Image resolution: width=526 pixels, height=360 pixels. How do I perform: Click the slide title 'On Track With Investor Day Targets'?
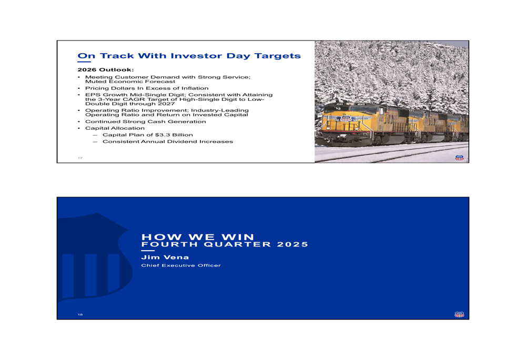(189, 56)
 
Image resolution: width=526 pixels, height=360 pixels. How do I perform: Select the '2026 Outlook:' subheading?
(106, 69)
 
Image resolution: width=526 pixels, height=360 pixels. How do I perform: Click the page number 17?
(80, 158)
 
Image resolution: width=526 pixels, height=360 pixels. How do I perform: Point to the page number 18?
(80, 315)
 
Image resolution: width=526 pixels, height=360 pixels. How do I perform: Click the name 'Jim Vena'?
(165, 258)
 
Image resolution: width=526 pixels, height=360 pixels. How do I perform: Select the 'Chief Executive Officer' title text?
(181, 265)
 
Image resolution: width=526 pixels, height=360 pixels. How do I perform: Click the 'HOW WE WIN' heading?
(198, 237)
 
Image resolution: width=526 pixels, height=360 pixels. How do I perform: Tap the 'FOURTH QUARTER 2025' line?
(225, 244)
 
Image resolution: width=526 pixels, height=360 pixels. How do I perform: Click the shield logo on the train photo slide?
(459, 158)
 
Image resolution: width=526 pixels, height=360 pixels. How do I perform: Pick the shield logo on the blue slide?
(459, 314)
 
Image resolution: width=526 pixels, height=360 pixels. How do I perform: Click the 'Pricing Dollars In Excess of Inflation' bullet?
(147, 88)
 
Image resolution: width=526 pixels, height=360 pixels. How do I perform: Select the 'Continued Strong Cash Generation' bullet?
(145, 121)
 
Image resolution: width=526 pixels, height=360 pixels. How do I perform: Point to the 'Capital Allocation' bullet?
(115, 128)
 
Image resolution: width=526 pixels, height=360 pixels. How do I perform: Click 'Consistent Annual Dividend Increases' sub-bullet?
(167, 142)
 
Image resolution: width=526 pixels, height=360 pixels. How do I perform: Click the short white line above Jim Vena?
(148, 251)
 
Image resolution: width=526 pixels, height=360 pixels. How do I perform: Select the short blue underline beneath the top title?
(84, 62)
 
